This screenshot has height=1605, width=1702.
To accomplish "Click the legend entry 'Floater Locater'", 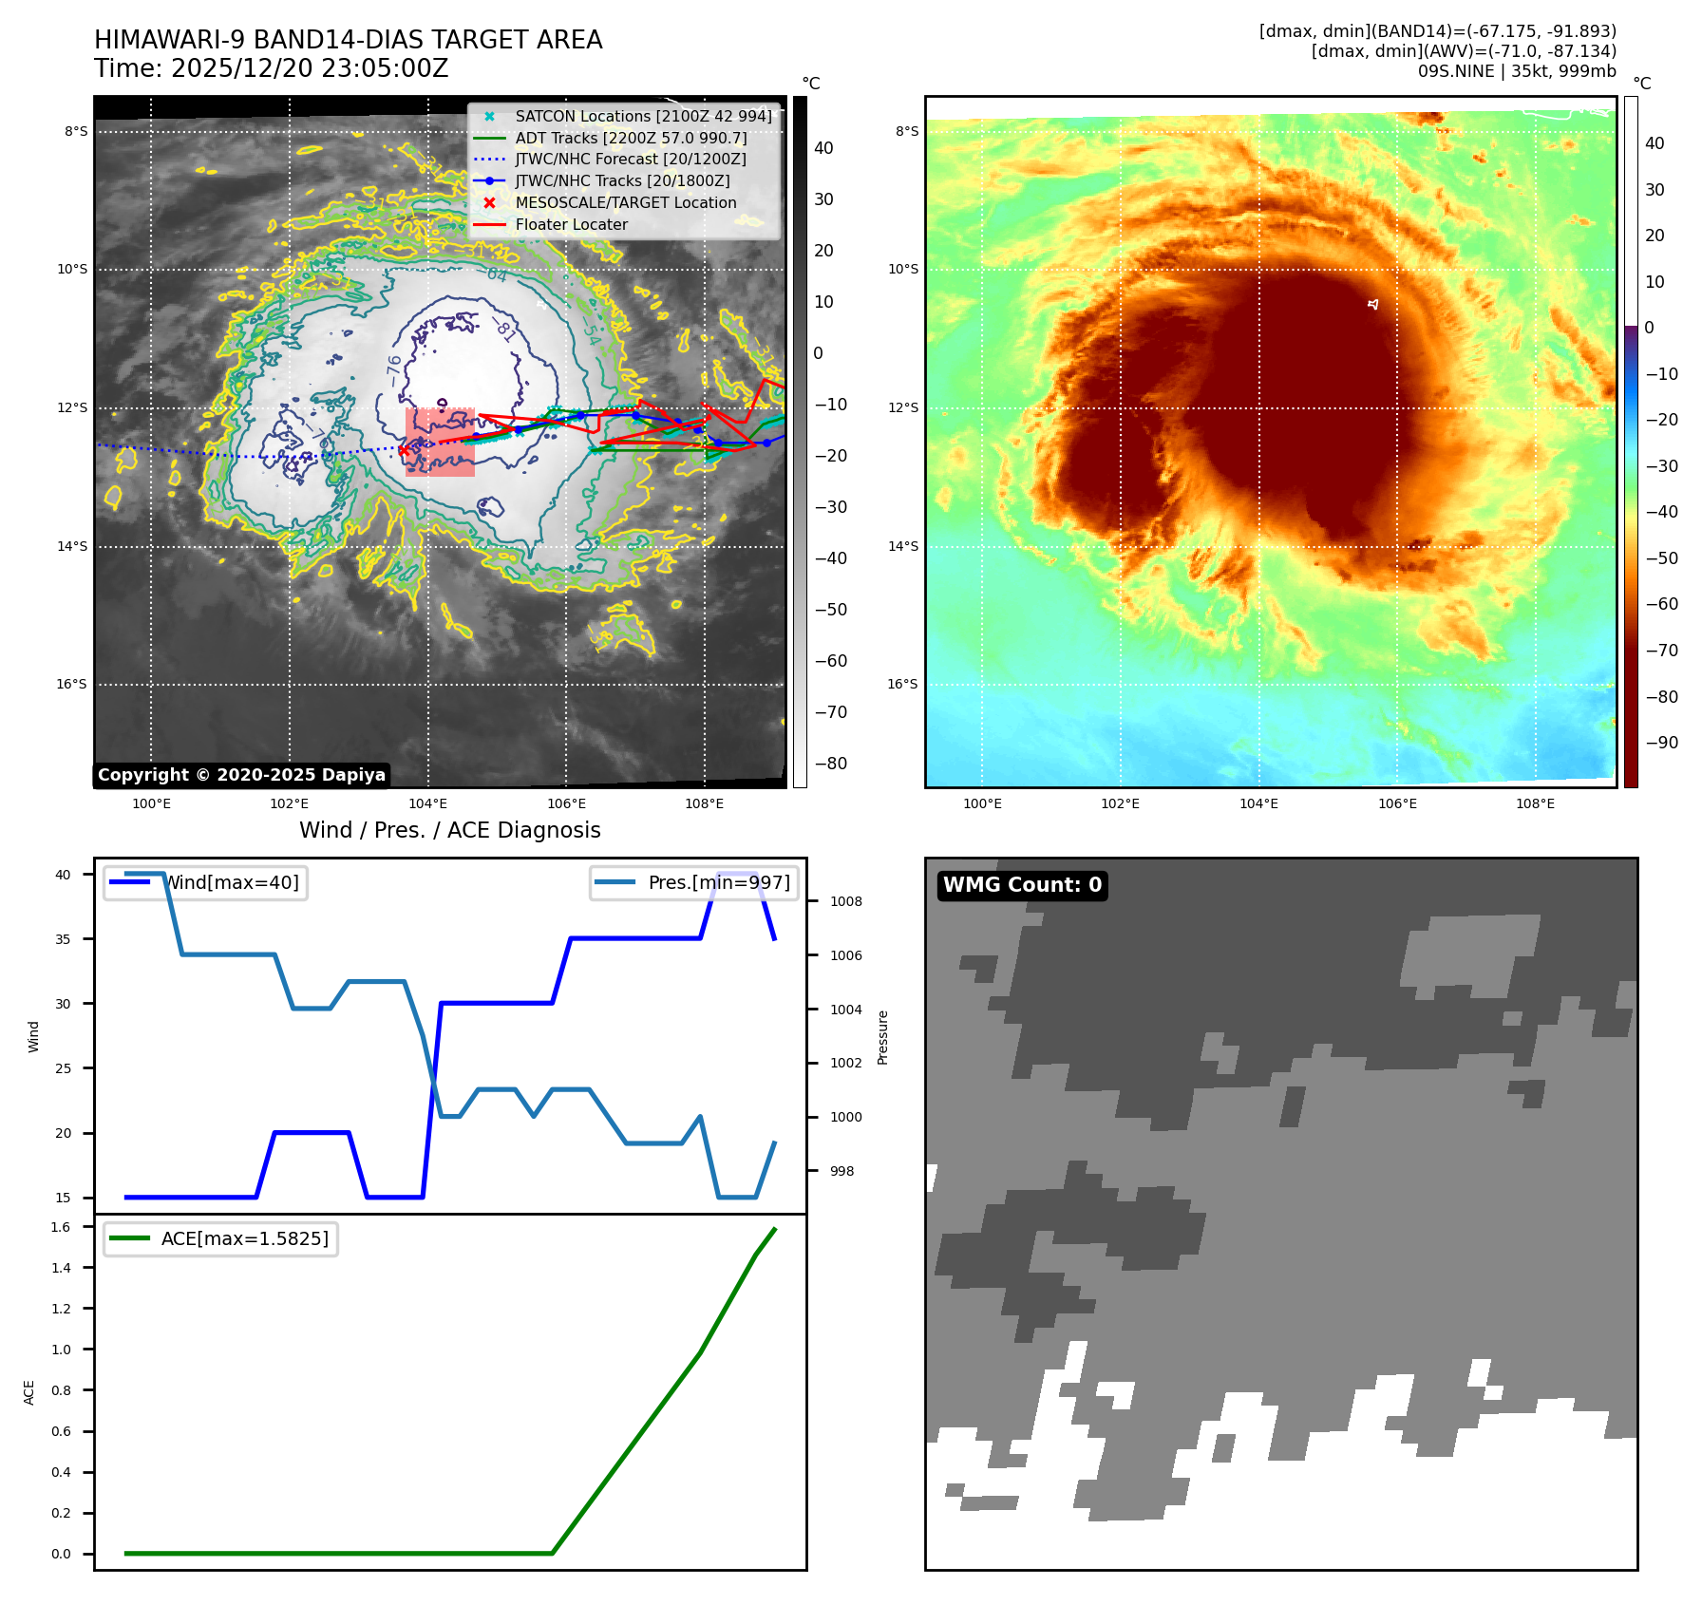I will (571, 225).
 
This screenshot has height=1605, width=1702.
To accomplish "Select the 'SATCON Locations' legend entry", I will (643, 117).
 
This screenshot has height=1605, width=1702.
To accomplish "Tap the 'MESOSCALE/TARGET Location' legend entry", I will (625, 203).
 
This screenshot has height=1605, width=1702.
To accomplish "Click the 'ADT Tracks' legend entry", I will (631, 139).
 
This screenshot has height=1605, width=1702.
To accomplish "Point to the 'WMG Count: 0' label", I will (1022, 885).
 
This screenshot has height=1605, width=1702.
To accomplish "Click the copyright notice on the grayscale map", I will (241, 775).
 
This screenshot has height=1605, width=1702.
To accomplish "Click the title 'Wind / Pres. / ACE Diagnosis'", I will (449, 831).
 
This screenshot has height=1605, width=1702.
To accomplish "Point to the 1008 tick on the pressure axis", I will (845, 902).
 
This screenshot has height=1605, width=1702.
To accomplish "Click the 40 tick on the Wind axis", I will (63, 875).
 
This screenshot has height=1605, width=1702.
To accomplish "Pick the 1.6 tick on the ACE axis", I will (61, 1228).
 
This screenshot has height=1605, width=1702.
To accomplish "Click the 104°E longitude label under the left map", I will (427, 804).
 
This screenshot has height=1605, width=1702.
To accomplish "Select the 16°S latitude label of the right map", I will (902, 685).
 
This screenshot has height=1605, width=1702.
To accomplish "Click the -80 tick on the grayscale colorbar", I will (830, 764).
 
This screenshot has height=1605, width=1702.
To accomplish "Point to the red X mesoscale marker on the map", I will (404, 451).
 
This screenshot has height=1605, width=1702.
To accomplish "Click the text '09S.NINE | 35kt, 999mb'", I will (1516, 71).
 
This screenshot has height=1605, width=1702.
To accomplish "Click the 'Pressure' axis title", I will (883, 1037).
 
